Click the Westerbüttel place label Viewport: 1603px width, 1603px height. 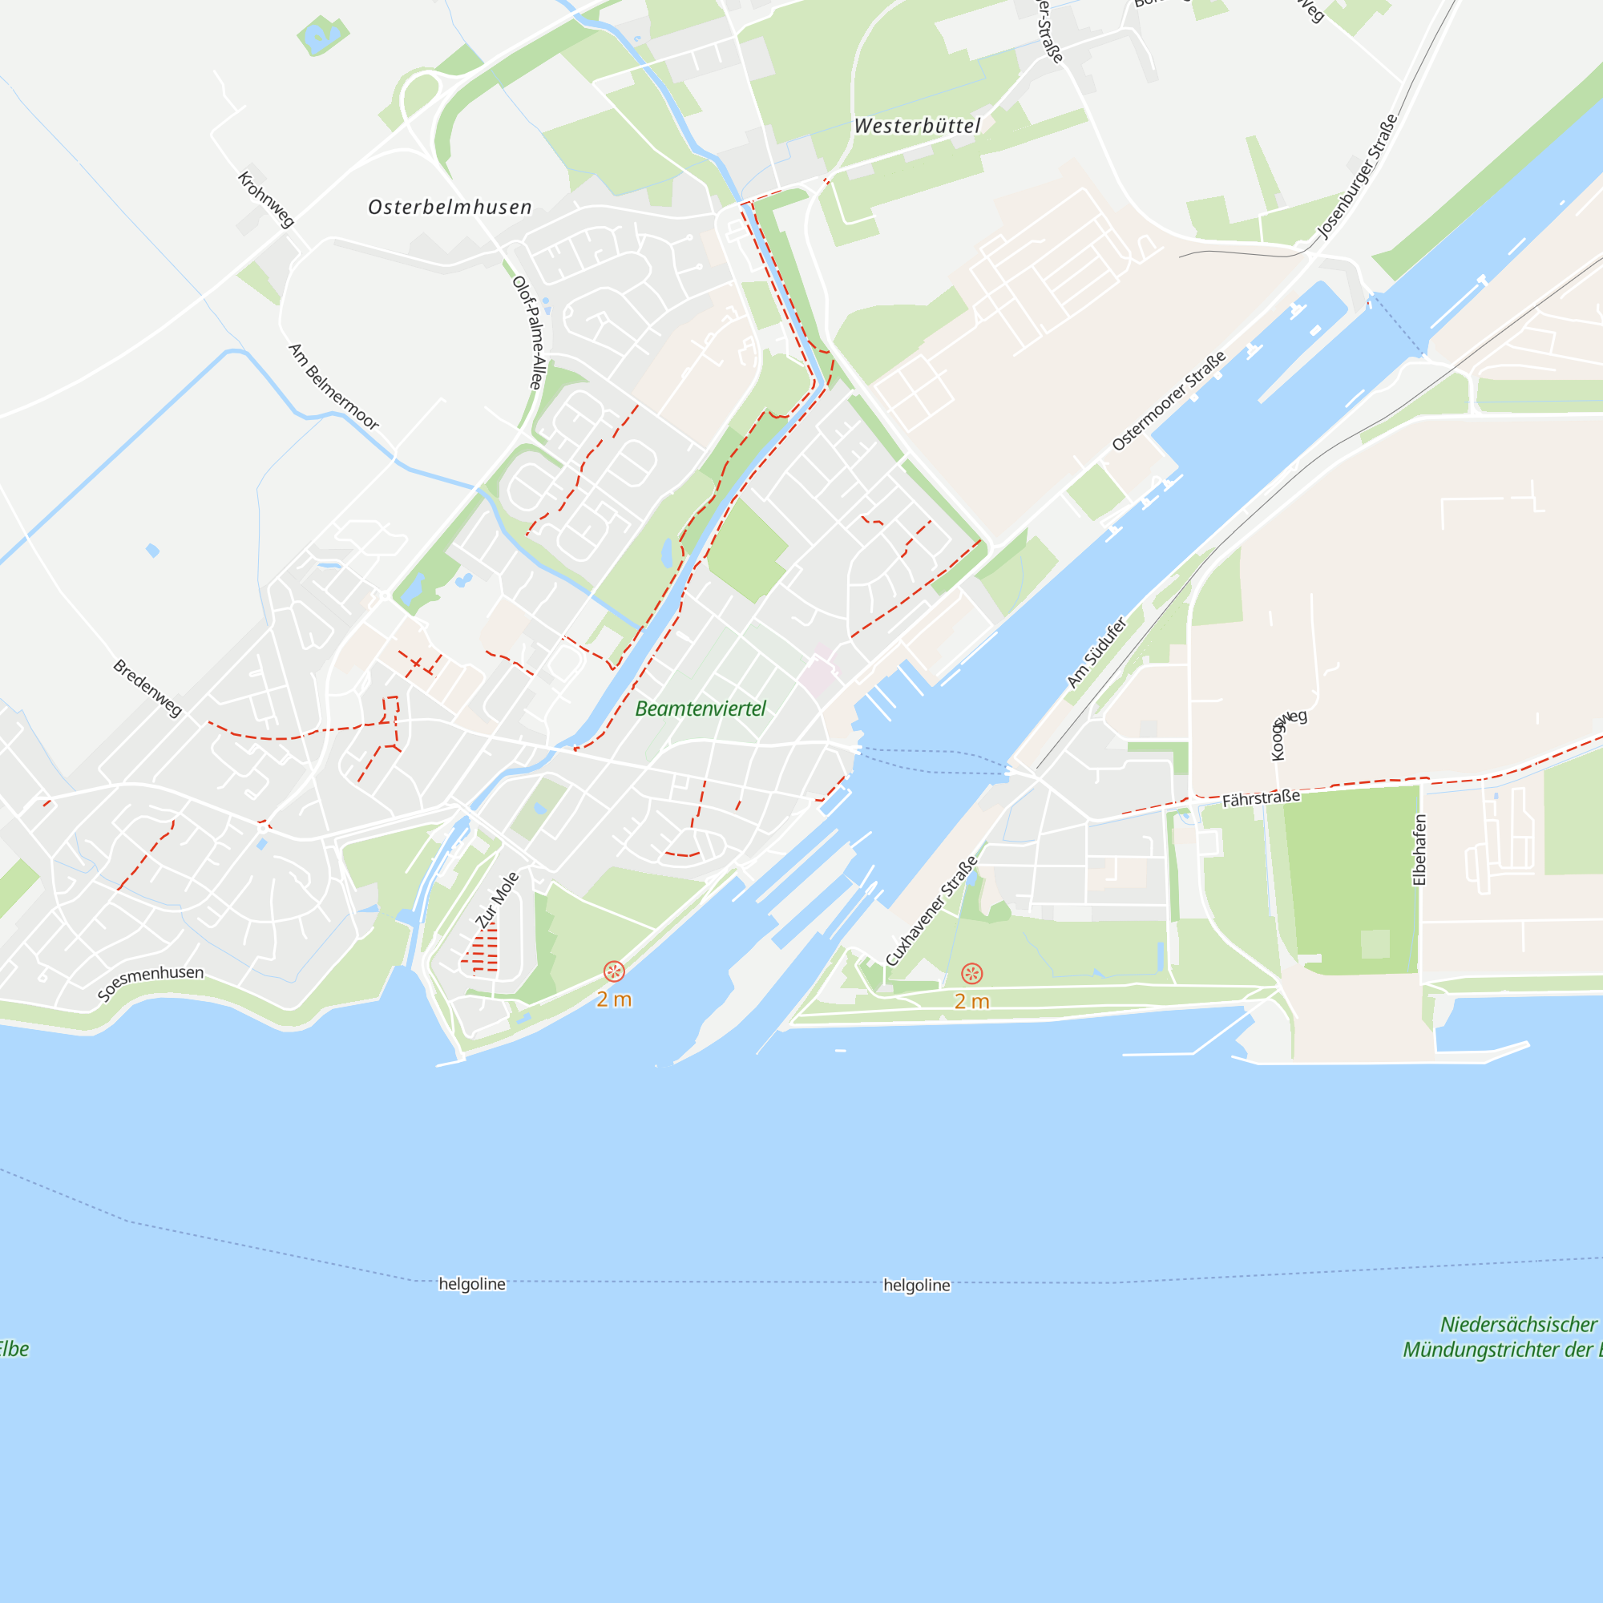pos(917,126)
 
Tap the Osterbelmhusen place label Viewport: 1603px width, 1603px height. pos(450,208)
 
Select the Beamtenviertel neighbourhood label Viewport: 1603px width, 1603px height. pos(701,709)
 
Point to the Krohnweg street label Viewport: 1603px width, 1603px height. pos(265,199)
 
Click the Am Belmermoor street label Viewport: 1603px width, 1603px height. pos(333,386)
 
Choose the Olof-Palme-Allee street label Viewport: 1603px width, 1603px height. pos(528,333)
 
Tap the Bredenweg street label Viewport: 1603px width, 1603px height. pos(147,688)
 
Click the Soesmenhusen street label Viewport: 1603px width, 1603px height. pos(150,983)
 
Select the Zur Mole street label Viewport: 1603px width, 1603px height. pos(497,900)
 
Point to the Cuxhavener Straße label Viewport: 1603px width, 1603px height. pos(931,911)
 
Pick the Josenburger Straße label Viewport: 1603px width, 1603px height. pos(1358,176)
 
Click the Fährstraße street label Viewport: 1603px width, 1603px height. pos(1260,798)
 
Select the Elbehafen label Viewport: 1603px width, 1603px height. pos(1419,850)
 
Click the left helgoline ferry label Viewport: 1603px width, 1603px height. pos(472,1283)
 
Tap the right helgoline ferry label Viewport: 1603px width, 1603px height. pos(916,1286)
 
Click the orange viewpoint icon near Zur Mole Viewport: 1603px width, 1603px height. pos(614,971)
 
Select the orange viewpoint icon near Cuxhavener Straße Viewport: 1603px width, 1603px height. pos(971,973)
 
